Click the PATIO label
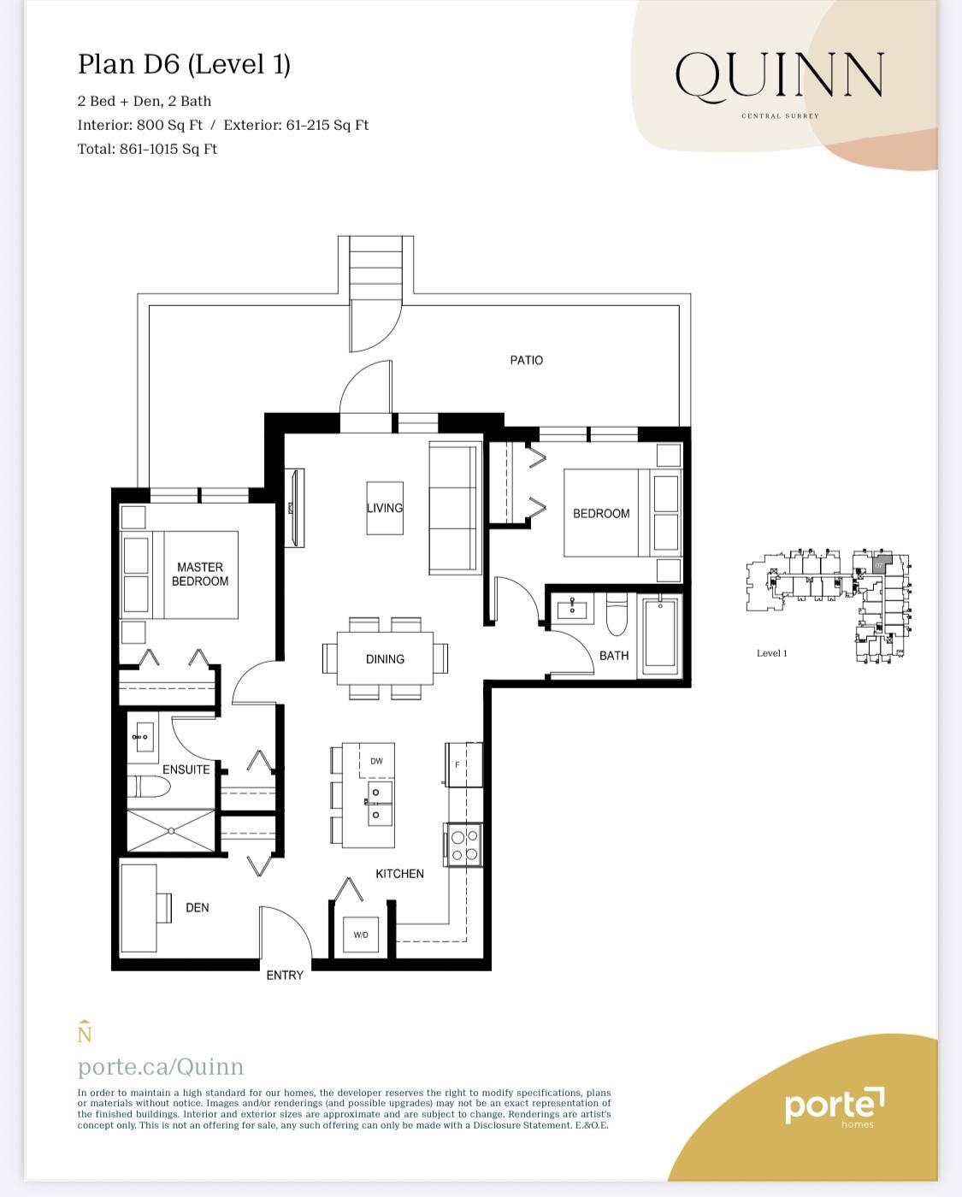point(526,360)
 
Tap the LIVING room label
point(385,508)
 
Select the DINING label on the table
point(385,659)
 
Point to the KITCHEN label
point(399,874)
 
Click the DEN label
point(198,907)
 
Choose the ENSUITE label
point(186,769)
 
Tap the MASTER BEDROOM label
point(200,574)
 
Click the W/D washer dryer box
point(361,935)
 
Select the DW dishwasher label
point(376,761)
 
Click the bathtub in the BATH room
point(660,633)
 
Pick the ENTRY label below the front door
point(285,975)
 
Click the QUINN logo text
point(779,76)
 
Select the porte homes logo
point(834,1106)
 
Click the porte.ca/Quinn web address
point(161,1066)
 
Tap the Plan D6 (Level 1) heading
point(184,64)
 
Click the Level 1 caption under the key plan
point(771,653)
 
